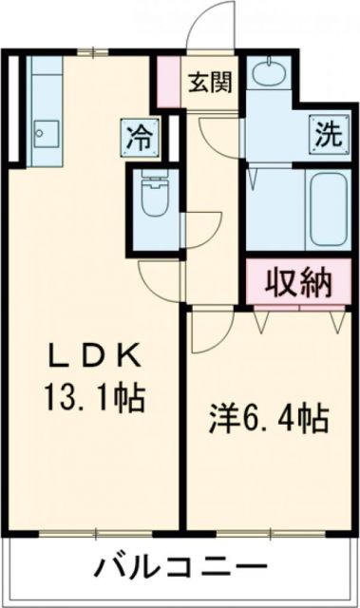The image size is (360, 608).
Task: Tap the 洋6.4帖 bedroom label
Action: coord(270,418)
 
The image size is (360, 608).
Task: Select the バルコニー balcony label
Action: coord(179,569)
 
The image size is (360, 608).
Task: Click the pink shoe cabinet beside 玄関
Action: coord(168,80)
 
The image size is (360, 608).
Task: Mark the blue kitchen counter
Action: coord(44,108)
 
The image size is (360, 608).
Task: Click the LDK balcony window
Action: coord(96,530)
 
